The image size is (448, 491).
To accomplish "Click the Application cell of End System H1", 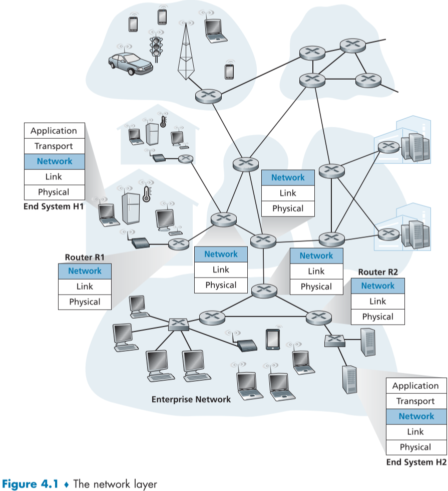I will [x=54, y=131].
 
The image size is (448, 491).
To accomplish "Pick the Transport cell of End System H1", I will [x=54, y=146].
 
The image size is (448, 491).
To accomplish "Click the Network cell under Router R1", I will [x=85, y=271].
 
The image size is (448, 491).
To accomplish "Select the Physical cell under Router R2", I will [x=378, y=317].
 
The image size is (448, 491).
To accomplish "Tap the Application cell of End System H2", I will [x=416, y=386].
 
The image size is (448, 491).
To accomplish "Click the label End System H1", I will [x=54, y=206].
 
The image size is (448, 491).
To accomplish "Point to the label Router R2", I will [x=378, y=273].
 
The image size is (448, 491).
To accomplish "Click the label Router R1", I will [x=85, y=258].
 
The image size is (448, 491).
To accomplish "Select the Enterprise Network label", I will [x=191, y=399].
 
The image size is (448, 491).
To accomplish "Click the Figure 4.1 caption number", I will [x=34, y=484].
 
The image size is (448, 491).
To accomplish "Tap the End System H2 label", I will [x=416, y=462].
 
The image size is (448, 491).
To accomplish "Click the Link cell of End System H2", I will [x=416, y=431].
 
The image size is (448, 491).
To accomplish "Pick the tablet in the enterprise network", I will [x=272, y=339].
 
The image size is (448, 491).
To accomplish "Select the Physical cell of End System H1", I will [x=54, y=192].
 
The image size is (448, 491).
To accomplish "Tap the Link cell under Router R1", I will [x=85, y=287].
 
